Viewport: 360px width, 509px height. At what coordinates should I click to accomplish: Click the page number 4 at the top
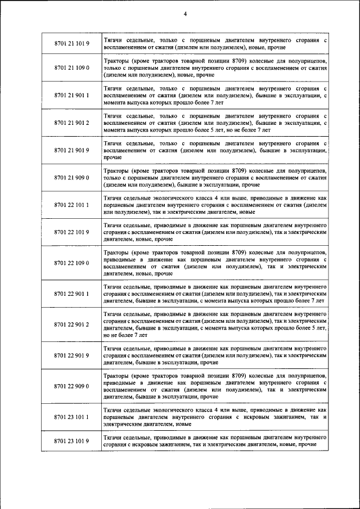[184, 13]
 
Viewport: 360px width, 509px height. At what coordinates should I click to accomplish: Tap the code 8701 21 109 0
[71, 67]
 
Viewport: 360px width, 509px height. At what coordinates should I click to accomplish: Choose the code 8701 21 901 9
[71, 150]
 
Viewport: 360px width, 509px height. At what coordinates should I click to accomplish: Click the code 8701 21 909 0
[71, 177]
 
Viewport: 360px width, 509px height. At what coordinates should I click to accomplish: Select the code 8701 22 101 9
[71, 232]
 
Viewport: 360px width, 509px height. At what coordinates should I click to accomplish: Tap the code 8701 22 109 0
[71, 263]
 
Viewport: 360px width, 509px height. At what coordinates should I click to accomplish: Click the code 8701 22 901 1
[71, 294]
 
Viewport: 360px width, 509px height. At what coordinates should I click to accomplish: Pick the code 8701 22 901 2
[71, 325]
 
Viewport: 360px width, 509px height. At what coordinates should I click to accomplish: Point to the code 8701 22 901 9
[71, 355]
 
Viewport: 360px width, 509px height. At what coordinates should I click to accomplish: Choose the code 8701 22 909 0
[71, 386]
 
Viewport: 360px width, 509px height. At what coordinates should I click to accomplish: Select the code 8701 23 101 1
[71, 417]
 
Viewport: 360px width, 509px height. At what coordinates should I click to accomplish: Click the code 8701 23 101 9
[71, 441]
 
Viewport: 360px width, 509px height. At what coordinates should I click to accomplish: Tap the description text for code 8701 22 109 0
[215, 263]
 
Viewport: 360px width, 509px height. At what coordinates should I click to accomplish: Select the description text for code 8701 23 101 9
[215, 441]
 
